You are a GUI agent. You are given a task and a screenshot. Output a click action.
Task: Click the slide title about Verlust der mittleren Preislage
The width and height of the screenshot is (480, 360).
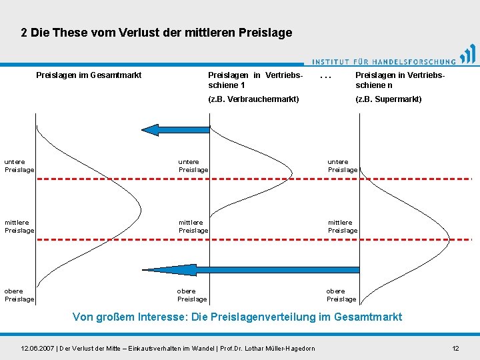[x=156, y=33]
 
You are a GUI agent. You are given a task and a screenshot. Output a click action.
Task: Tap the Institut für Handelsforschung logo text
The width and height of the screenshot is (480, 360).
[x=384, y=60]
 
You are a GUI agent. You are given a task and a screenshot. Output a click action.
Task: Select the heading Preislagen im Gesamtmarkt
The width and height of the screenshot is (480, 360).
[x=89, y=75]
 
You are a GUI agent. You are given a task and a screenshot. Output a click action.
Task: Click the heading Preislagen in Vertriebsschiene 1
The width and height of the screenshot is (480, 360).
[x=255, y=80]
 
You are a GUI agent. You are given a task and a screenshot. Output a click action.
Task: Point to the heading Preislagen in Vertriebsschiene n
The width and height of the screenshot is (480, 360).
[x=400, y=80]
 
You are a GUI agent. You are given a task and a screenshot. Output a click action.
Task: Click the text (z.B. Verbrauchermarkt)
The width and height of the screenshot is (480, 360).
[x=254, y=99]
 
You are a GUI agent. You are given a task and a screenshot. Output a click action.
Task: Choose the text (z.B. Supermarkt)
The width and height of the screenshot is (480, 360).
[x=389, y=99]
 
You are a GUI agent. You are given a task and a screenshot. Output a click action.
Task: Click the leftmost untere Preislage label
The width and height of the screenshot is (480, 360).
[x=19, y=166]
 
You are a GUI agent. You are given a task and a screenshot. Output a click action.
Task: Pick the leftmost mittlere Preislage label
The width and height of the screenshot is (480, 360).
[x=19, y=227]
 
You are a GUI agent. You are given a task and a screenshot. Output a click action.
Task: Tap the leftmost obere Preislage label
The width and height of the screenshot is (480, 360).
[x=19, y=295]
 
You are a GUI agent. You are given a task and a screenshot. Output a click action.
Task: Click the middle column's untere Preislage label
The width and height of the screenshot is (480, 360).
[x=193, y=166]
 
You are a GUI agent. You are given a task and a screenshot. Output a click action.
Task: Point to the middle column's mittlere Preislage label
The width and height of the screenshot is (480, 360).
[x=193, y=227]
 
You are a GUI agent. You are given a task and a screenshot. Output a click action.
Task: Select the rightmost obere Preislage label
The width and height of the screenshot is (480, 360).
[x=341, y=295]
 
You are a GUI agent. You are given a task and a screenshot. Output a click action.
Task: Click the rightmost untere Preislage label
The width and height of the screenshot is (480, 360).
[x=343, y=166]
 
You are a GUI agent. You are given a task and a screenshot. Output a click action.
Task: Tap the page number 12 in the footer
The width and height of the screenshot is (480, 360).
[x=455, y=349]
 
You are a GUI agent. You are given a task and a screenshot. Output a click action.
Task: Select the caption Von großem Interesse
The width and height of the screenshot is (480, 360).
[x=237, y=317]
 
